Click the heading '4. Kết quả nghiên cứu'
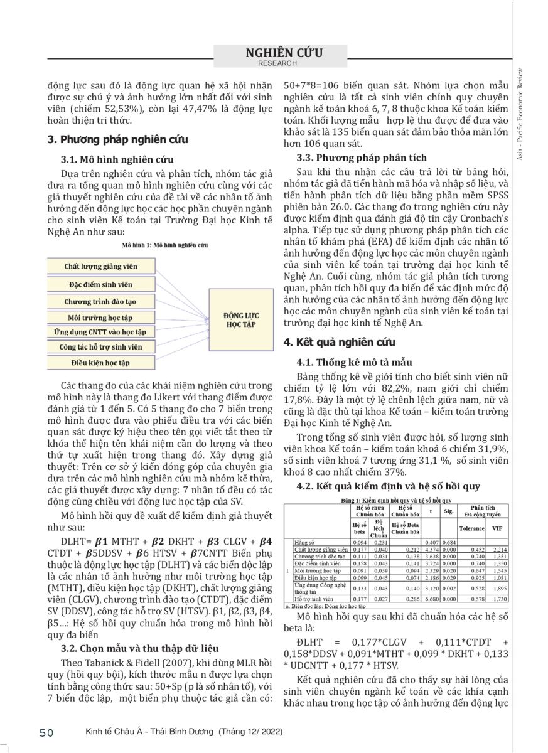(x=340, y=342)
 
